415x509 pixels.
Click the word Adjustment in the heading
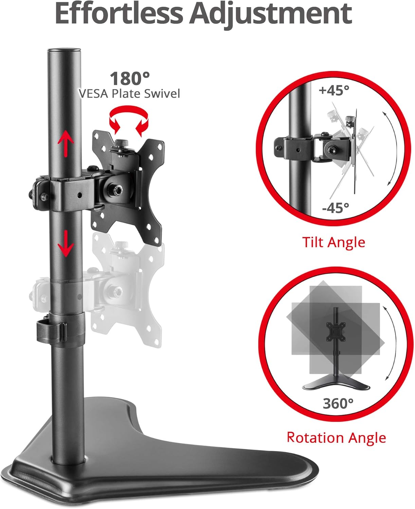[270, 14]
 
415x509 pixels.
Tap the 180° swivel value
[129, 78]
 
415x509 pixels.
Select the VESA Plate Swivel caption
[129, 93]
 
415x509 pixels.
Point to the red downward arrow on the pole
[66, 243]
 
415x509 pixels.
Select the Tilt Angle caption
[333, 242]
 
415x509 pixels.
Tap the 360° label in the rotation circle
[338, 403]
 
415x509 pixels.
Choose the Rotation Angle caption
[336, 437]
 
